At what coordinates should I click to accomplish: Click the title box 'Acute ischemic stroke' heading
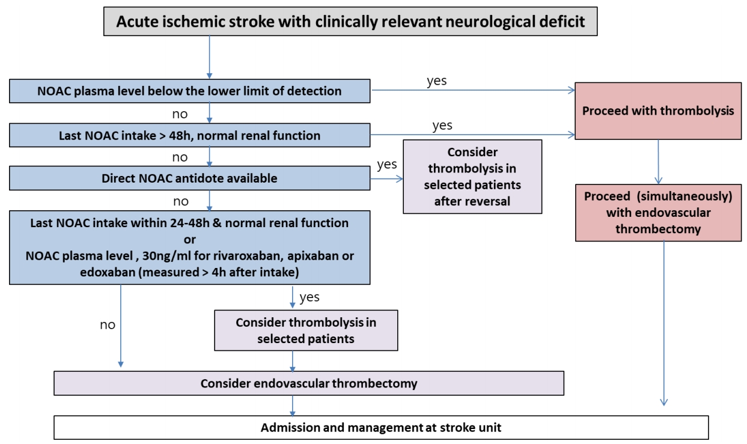350,22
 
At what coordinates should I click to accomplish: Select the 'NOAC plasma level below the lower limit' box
189,91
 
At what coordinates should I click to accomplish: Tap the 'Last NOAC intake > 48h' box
189,135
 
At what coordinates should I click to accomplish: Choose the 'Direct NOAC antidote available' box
189,178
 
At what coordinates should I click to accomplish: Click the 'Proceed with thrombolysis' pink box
658,111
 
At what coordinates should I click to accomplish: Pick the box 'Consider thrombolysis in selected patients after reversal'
472,177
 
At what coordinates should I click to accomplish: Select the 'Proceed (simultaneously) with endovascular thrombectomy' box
658,213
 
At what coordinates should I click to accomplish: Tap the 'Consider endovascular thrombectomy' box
309,383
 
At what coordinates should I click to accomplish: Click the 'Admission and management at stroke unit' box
381,427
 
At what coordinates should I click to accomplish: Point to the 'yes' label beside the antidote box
387,165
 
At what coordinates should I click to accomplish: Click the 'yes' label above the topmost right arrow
436,81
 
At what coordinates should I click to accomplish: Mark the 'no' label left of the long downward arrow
108,324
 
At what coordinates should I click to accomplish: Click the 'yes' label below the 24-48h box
309,297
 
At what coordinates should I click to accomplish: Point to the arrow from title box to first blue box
209,57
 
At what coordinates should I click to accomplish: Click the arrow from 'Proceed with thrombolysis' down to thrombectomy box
658,162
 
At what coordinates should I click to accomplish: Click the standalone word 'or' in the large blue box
189,240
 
